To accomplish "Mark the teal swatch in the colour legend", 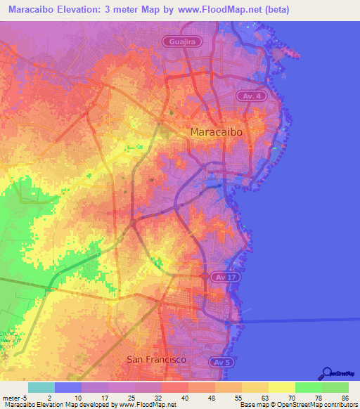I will tap(41, 387).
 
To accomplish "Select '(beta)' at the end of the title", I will tap(271, 11).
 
